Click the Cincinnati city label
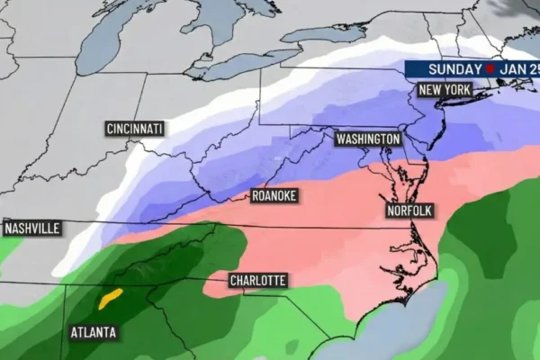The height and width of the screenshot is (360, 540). click(134, 129)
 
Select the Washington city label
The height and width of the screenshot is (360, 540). click(367, 139)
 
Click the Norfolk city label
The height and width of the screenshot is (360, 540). click(409, 211)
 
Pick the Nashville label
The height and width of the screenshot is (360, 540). click(31, 229)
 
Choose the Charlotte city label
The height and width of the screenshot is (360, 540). click(257, 281)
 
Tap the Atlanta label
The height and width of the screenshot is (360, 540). click(94, 332)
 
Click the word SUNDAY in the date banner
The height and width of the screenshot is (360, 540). click(454, 69)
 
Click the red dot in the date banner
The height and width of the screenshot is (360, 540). click(490, 69)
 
